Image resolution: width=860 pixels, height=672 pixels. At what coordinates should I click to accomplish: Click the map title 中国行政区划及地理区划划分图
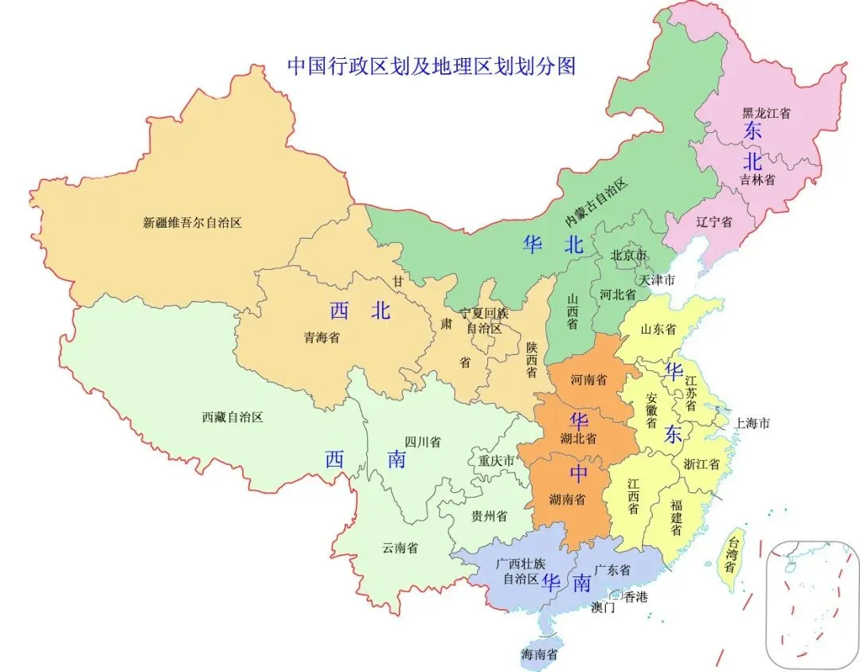pyautogui.click(x=431, y=65)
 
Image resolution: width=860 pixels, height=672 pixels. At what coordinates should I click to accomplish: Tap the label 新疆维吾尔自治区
pyautogui.click(x=192, y=223)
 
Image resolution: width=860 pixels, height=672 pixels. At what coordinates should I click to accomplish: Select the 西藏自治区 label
pyautogui.click(x=232, y=416)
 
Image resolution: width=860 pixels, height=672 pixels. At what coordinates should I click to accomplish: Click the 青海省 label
pyautogui.click(x=322, y=338)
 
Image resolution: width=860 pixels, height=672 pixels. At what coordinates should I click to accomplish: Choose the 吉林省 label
pyautogui.click(x=757, y=180)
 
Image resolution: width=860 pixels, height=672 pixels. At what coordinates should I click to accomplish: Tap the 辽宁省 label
pyautogui.click(x=714, y=222)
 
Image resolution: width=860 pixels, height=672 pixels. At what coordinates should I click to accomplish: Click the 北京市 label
pyautogui.click(x=629, y=256)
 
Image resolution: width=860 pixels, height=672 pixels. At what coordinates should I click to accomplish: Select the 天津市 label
pyautogui.click(x=657, y=280)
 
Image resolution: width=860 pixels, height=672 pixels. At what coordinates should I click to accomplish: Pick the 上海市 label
pyautogui.click(x=752, y=423)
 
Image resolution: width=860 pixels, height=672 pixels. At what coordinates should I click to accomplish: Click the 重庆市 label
pyautogui.click(x=496, y=460)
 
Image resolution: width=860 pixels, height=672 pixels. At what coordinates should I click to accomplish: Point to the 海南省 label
pyautogui.click(x=539, y=655)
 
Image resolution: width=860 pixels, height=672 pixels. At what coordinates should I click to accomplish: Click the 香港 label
pyautogui.click(x=635, y=596)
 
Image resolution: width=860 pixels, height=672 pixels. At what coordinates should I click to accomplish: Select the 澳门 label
pyautogui.click(x=603, y=608)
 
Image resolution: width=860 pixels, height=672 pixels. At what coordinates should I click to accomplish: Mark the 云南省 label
pyautogui.click(x=401, y=548)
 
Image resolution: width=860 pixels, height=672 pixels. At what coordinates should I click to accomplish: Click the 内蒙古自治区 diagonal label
pyautogui.click(x=597, y=200)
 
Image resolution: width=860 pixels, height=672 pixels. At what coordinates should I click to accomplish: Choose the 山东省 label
pyautogui.click(x=659, y=329)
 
